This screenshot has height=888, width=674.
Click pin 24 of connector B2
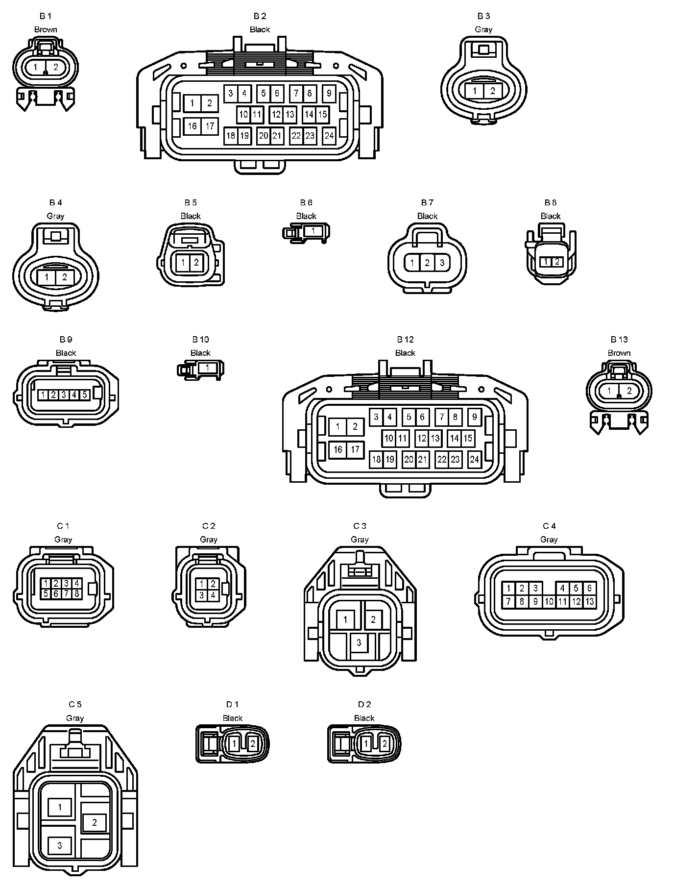pos(329,136)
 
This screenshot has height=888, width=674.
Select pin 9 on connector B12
pos(474,417)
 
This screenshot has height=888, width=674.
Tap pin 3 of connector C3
pos(359,642)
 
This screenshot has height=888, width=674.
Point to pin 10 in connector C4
pos(549,601)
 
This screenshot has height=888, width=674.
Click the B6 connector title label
pos(306,202)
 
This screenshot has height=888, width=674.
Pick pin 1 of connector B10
pos(208,368)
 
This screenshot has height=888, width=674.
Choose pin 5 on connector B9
pos(84,395)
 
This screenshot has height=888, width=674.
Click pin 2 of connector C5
pos(95,822)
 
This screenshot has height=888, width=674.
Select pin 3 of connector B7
pos(442,263)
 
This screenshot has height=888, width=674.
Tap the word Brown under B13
pos(619,353)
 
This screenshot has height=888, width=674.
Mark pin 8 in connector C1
pos(77,593)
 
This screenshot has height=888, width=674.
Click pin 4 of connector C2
pos(213,595)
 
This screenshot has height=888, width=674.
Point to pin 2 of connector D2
pos(385,744)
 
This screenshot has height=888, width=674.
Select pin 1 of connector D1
pos(234,744)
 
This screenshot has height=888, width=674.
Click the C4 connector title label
pos(549,526)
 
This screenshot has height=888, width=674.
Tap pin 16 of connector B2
pos(192,126)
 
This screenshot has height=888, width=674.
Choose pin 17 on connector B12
pos(355,449)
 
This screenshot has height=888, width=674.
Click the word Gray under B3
pos(483,29)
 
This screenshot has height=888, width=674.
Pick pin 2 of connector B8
pos(557,262)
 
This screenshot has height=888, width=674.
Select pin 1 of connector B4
pos(46,277)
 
